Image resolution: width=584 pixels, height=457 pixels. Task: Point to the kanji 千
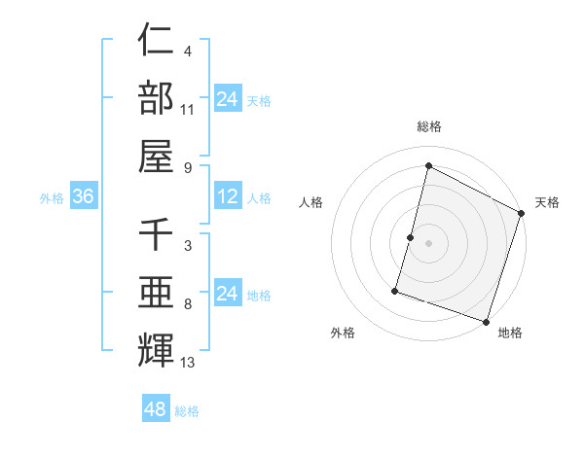click(x=156, y=234)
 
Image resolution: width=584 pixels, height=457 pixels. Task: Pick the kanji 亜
click(x=156, y=293)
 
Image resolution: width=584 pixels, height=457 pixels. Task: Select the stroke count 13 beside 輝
click(x=189, y=364)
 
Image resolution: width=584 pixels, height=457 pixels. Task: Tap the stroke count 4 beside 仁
click(x=187, y=52)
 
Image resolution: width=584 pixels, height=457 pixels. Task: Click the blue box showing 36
click(x=84, y=196)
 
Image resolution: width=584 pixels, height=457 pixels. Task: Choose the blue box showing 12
click(x=228, y=196)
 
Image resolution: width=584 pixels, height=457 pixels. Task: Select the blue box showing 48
click(x=156, y=409)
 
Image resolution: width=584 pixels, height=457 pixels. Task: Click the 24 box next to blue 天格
click(x=228, y=99)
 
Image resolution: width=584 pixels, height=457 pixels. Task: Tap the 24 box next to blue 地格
click(x=228, y=294)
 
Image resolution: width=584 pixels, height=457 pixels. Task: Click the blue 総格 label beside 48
click(x=187, y=411)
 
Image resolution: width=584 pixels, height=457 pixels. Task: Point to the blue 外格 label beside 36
click(x=52, y=198)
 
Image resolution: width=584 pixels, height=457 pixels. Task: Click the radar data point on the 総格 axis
click(x=427, y=165)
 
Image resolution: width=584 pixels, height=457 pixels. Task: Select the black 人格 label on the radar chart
click(x=311, y=202)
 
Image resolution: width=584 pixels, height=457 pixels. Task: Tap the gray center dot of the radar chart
click(x=428, y=243)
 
